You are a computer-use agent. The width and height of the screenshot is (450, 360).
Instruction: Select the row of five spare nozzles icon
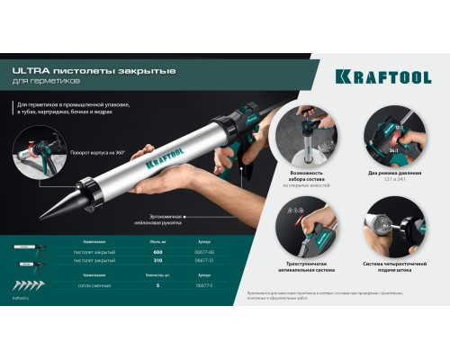(28, 283)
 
